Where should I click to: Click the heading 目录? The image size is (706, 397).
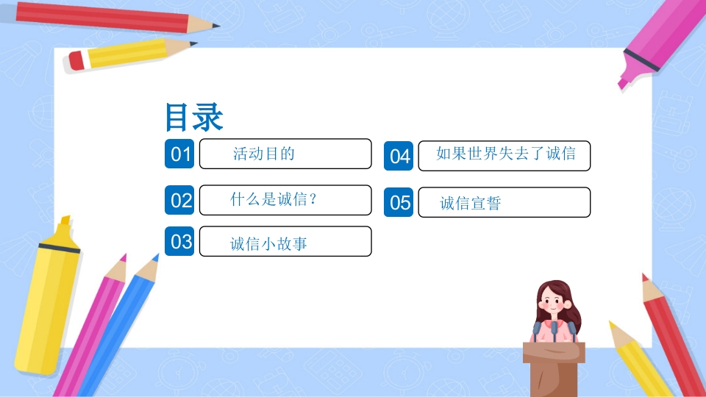(x=194, y=117)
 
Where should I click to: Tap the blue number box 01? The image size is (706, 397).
(x=179, y=154)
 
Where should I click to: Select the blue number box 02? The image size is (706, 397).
(x=179, y=200)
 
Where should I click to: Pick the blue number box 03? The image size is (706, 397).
(x=179, y=241)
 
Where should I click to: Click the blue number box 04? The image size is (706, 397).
(x=399, y=156)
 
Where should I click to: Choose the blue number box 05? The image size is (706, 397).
(x=399, y=202)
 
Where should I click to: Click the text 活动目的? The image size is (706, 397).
(x=263, y=154)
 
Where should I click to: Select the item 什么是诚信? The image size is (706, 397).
(x=274, y=199)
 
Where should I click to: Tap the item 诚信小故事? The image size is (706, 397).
(x=268, y=244)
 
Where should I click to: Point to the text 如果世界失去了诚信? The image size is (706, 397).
(x=506, y=154)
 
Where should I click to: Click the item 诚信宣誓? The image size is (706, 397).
(x=471, y=203)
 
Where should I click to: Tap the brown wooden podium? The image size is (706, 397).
(x=554, y=369)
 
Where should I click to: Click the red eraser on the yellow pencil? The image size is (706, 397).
(x=76, y=61)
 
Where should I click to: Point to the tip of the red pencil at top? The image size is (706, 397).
(x=216, y=25)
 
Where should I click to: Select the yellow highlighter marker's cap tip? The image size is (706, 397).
(x=65, y=220)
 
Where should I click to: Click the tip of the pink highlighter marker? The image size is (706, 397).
(x=622, y=84)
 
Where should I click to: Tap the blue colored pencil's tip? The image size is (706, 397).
(x=156, y=257)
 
